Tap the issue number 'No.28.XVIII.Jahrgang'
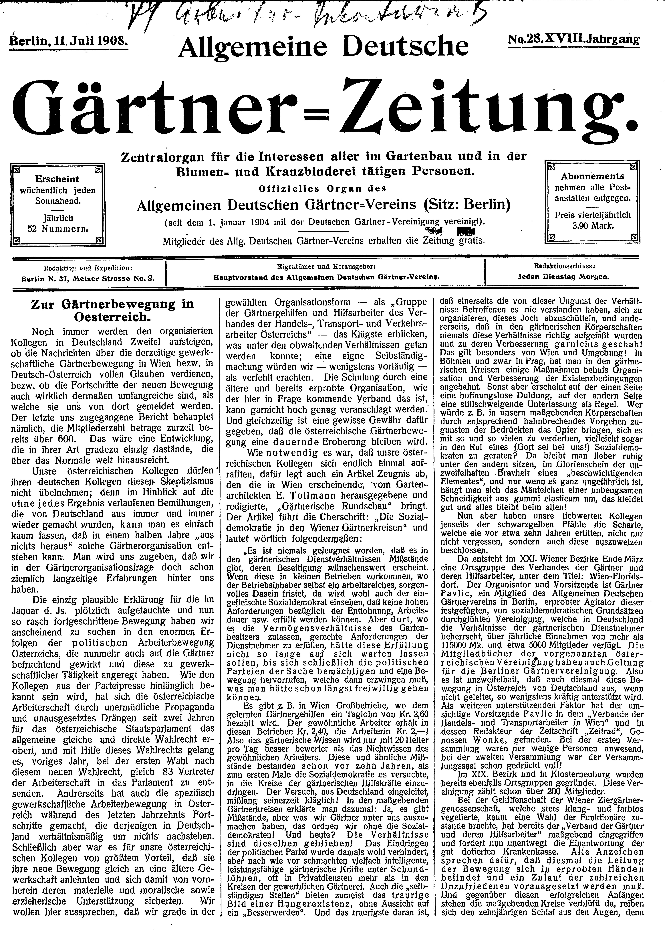pyautogui.click(x=573, y=40)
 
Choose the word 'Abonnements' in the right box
pyautogui.click(x=593, y=177)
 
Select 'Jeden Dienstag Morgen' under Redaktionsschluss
pyautogui.click(x=563, y=276)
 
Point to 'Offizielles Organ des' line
pyautogui.click(x=322, y=189)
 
